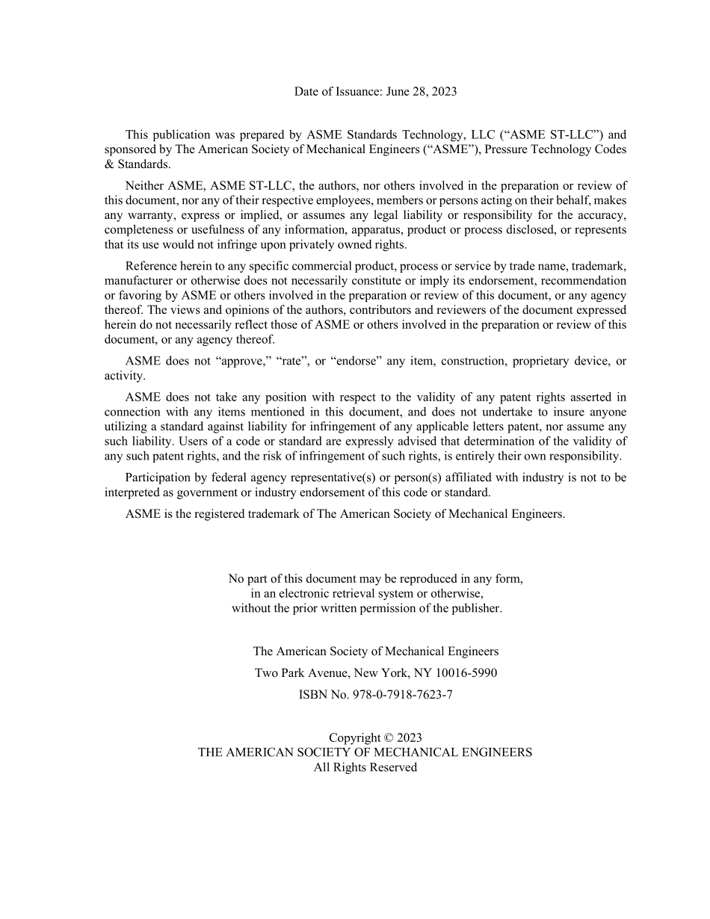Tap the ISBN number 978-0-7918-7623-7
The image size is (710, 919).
point(402,695)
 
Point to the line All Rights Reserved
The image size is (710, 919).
point(365,767)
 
